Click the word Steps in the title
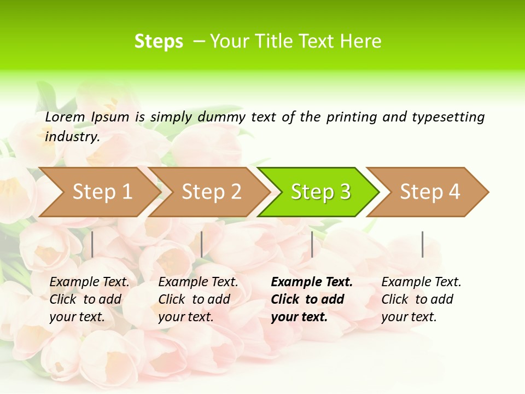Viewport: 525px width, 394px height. [159, 42]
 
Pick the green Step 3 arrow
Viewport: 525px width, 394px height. [320, 192]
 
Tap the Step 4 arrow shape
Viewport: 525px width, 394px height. [430, 192]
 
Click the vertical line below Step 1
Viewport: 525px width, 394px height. [92, 244]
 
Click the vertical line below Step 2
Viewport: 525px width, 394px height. [202, 244]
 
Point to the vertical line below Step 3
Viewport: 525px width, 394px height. [312, 244]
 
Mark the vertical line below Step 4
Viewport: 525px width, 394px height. [422, 244]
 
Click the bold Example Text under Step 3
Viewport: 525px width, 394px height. [312, 282]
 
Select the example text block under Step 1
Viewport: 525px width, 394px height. [89, 299]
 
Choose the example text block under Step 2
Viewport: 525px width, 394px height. [198, 299]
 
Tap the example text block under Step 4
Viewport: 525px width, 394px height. [421, 299]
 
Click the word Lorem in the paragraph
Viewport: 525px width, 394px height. [65, 117]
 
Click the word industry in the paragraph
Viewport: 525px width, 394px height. [72, 137]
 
